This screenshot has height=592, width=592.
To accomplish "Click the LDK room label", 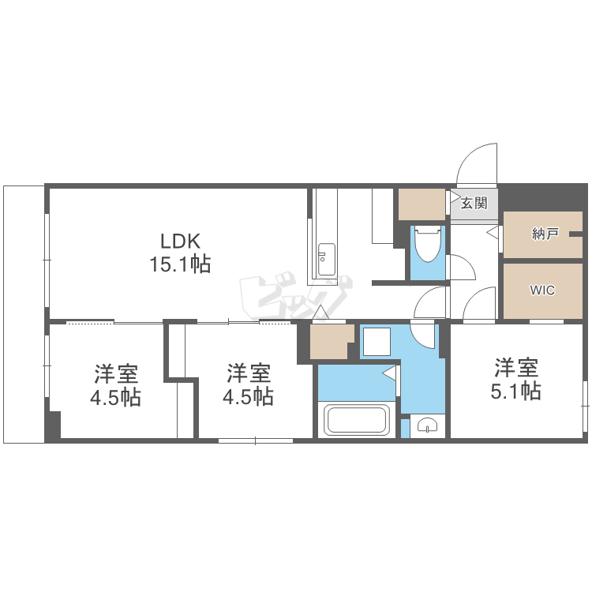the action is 181,242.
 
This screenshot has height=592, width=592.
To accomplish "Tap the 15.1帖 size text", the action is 181,264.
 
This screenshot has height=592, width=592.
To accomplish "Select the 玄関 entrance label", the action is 474,204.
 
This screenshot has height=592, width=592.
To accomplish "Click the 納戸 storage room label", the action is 545,234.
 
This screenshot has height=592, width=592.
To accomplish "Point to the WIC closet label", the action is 542,290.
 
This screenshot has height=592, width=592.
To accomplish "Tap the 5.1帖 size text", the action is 515,392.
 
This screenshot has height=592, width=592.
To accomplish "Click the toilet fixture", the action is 427,244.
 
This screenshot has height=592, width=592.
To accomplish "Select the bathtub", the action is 357,419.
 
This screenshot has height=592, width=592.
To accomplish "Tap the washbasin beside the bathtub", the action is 427,425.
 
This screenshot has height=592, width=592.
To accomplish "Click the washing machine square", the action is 377,342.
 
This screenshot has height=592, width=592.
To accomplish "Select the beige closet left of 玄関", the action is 422,204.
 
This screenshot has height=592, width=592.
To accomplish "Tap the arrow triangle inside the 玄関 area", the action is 455,197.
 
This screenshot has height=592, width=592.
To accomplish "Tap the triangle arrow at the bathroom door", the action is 389,373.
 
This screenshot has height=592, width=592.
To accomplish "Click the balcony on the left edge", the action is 24,314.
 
